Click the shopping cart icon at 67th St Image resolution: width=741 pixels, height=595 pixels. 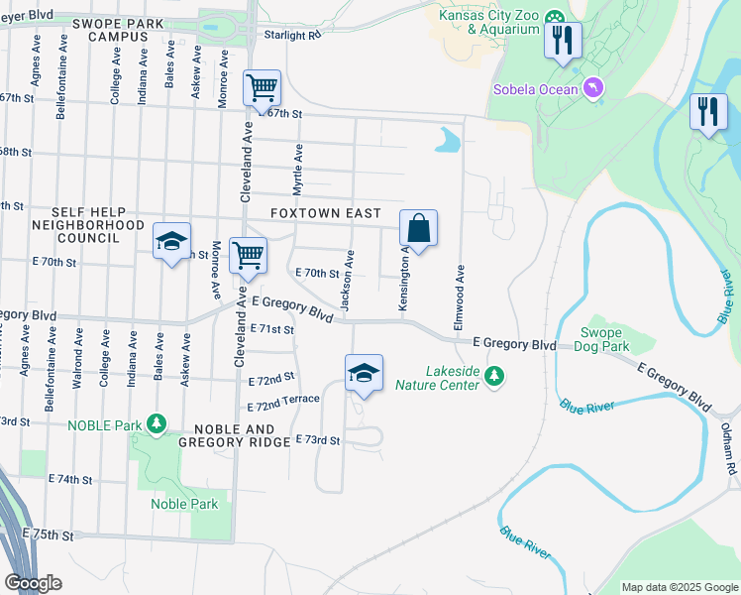tap(262, 87)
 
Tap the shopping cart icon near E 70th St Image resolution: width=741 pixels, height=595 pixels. tap(248, 254)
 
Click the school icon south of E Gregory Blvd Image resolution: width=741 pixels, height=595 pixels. tap(364, 373)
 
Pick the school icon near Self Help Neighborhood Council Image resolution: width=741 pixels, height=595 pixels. tap(171, 241)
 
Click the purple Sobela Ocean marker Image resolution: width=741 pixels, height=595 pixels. tap(593, 90)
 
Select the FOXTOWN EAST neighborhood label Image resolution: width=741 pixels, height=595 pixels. tap(325, 214)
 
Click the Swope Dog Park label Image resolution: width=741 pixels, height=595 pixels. tap(605, 340)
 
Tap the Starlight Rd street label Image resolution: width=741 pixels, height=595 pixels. tap(293, 35)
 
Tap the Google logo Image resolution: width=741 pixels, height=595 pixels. tap(33, 583)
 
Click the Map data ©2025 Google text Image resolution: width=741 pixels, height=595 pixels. tap(679, 587)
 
